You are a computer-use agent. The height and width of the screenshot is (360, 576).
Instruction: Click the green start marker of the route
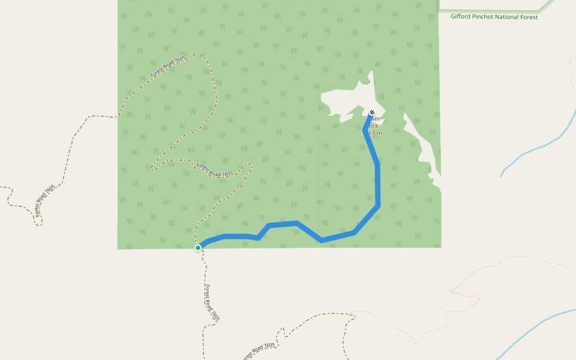[198, 247]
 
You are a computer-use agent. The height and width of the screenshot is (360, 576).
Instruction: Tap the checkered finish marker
[373, 113]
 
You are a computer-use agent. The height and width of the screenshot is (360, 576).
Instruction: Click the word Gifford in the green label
[461, 17]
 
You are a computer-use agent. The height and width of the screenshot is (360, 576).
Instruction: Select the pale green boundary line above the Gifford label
[498, 11]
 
